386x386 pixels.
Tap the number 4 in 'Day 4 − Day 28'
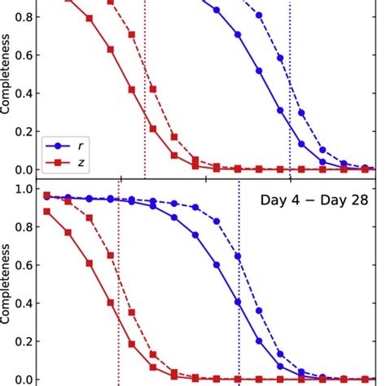[x=291, y=199]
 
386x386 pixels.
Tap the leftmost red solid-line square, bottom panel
[x=46, y=212]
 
